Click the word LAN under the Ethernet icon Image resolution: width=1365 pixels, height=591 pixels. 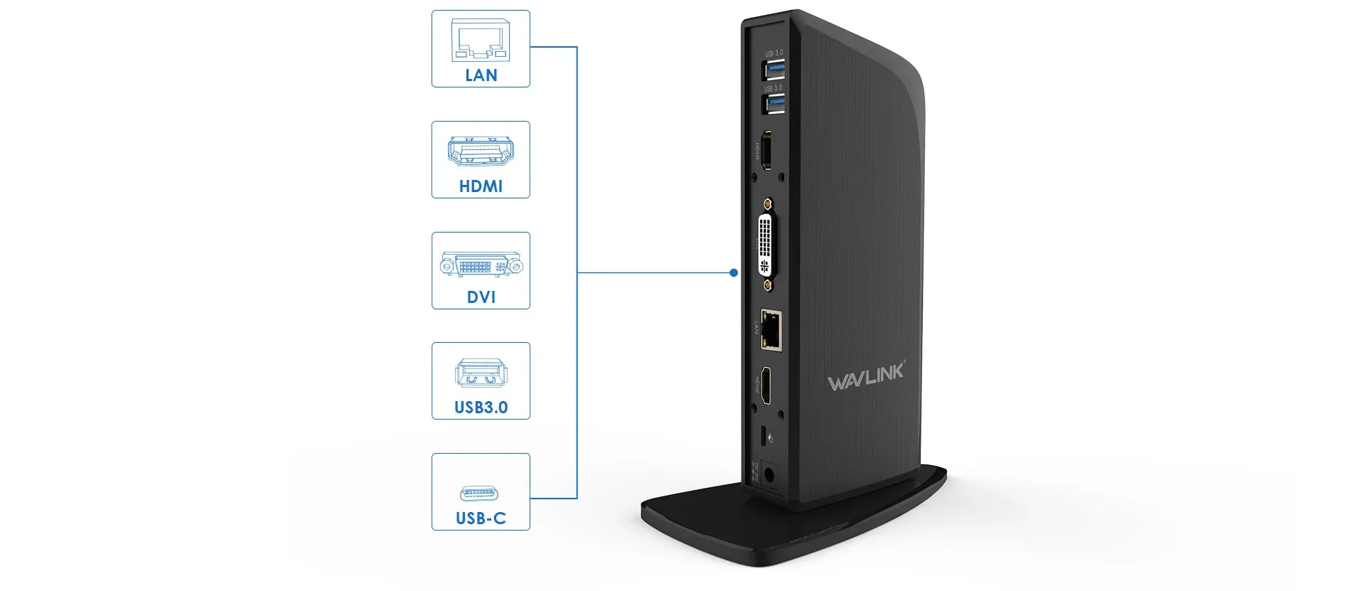481,75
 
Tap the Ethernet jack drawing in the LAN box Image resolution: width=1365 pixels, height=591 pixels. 481,41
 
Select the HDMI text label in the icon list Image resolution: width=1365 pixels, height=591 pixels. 481,186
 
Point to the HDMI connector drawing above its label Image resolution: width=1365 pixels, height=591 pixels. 481,151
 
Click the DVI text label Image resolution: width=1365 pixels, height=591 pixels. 481,297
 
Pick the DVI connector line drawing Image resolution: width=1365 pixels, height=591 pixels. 481,265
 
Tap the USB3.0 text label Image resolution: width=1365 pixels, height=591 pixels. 481,407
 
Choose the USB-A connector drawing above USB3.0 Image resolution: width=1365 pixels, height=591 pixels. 481,373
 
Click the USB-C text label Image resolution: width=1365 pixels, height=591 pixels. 481,518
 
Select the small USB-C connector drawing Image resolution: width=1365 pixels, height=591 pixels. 479,493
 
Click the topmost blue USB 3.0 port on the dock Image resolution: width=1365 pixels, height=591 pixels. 773,69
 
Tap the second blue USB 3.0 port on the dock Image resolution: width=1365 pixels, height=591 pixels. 773,104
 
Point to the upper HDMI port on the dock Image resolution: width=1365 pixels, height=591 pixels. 767,150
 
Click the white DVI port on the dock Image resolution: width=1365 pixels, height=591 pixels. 766,243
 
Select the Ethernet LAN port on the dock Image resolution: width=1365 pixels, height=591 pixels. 771,330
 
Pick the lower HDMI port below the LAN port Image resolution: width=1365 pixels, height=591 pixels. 766,386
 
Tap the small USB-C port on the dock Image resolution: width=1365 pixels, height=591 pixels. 764,437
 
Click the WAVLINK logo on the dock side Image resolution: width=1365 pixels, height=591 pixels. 866,376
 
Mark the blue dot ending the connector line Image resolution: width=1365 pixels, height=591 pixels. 734,272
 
